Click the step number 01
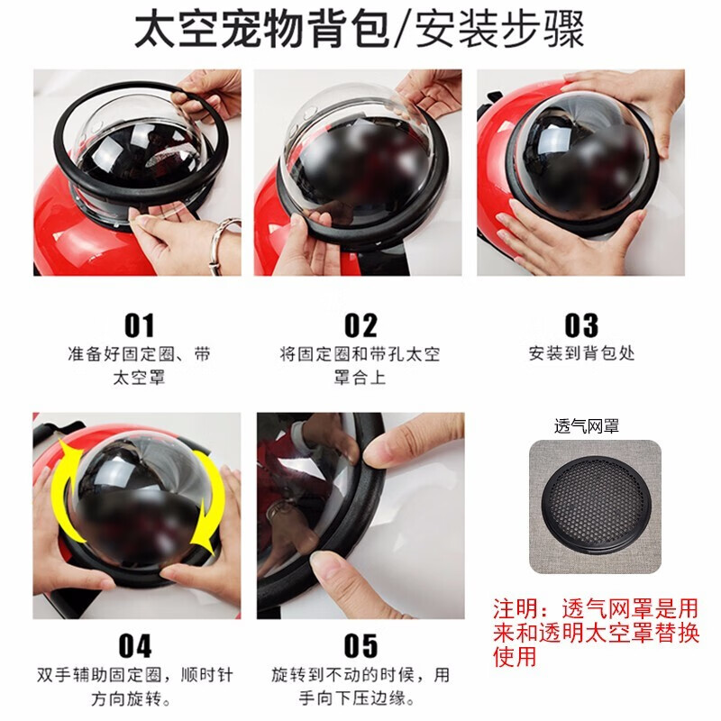139,325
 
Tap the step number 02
360,325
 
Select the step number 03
581,325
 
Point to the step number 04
134,646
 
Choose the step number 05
360,646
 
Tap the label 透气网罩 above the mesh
587,426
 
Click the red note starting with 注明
596,633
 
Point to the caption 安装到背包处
581,353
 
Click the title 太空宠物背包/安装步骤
359,30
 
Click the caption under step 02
360,366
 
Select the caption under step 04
134,687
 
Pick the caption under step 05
360,687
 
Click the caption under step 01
139,366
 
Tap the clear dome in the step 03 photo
583,156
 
